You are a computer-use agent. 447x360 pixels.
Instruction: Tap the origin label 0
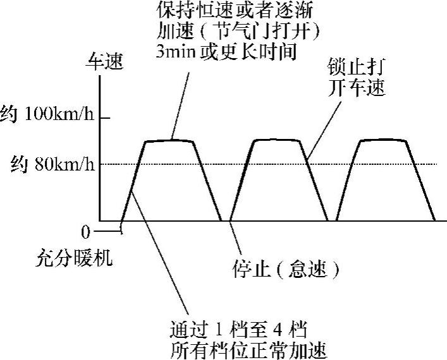tap(86, 232)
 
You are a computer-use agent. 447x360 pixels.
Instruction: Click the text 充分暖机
tap(75, 258)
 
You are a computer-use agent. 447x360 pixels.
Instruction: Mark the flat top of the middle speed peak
tap(276, 140)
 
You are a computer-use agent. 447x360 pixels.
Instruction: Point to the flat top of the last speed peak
tap(382, 140)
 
